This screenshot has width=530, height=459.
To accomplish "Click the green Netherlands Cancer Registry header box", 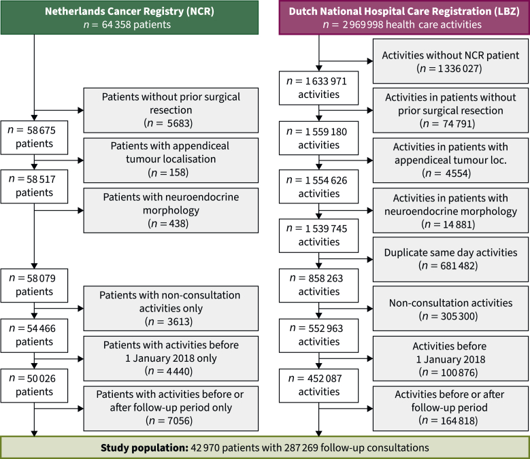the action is (129, 18).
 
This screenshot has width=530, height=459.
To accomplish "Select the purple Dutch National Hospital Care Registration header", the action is (404, 18).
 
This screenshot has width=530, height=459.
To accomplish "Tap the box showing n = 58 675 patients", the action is (34, 137).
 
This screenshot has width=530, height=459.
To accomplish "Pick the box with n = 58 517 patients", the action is (34, 186).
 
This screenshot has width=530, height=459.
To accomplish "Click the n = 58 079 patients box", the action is (34, 286).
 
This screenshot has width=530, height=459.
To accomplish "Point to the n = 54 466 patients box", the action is (34, 335).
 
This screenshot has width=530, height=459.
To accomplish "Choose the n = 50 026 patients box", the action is (34, 386).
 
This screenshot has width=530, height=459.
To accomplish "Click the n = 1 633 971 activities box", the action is (318, 88).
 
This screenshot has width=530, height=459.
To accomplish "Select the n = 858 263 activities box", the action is (318, 286).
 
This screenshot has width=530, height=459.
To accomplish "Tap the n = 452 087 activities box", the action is (318, 386).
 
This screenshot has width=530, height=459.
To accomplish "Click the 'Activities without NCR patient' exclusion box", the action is (450, 61).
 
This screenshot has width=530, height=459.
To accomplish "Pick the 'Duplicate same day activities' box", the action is (450, 259).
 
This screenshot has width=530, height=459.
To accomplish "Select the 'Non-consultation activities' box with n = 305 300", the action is (450, 309).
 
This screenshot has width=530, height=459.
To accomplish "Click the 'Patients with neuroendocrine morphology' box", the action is (171, 210).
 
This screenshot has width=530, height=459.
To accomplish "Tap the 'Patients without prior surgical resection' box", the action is (171, 110).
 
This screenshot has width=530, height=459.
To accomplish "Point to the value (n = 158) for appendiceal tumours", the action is (168, 173).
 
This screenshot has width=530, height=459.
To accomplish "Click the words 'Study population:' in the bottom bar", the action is (144, 448).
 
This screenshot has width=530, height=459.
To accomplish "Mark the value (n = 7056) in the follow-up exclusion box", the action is (169, 420).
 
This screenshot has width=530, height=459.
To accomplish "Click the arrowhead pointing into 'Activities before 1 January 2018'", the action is (370, 358).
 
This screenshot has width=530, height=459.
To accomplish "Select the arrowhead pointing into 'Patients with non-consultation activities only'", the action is (81, 308).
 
